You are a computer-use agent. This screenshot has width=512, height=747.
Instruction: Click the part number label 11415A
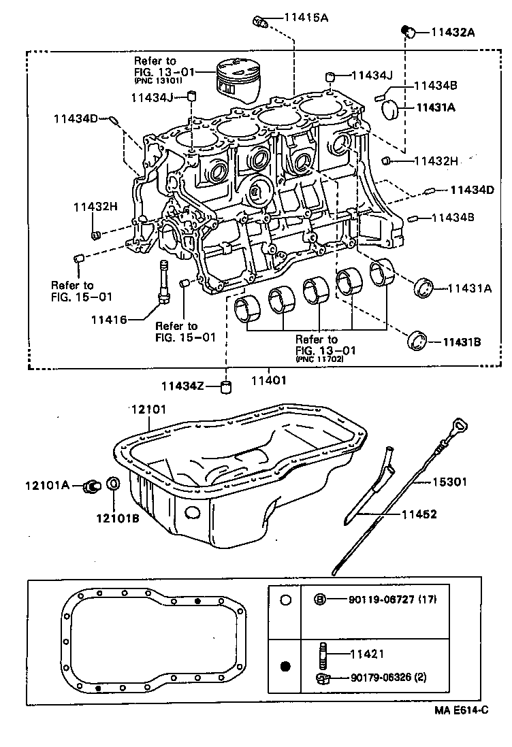(304, 18)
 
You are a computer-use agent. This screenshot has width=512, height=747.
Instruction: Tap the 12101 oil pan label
(148, 408)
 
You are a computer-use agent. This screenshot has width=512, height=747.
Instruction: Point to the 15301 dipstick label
(451, 482)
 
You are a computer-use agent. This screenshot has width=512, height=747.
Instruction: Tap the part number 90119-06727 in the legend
(383, 599)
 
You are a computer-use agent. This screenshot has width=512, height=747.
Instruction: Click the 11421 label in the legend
(368, 654)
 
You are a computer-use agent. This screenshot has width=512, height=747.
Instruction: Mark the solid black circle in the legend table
(286, 665)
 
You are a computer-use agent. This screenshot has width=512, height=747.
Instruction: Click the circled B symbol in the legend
(319, 599)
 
